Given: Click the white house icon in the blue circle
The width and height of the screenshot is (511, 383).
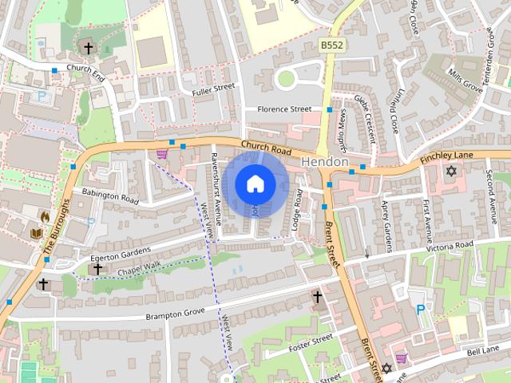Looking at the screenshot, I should coord(255,184).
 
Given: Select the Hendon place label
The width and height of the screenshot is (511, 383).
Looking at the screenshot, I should coord(325,162).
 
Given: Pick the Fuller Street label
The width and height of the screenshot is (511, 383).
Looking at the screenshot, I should coord(213,89).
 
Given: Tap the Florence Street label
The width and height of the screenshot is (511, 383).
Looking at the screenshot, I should coord(283,109).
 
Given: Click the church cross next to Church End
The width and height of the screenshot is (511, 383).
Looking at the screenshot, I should coord(88,49).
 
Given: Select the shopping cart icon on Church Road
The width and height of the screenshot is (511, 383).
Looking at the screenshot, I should coord(162,153).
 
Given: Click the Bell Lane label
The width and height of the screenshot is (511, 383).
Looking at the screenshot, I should coord(484,350).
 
